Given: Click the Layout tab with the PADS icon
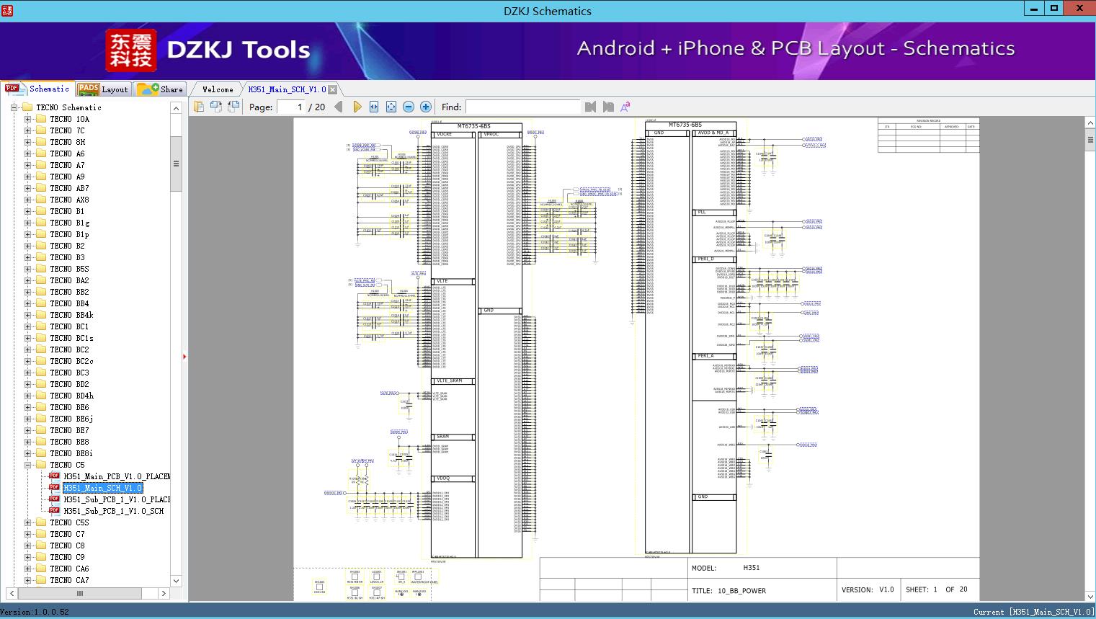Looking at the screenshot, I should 102,89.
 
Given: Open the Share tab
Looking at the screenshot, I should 161,89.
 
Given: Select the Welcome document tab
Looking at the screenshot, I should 218,89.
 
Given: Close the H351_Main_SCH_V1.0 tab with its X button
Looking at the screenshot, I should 333,89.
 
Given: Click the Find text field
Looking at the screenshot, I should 522,107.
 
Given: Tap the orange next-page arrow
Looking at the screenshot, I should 357,107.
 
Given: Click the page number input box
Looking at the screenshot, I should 290,107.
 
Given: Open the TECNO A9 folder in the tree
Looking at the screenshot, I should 67,177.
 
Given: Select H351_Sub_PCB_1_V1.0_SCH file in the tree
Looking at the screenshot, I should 113,511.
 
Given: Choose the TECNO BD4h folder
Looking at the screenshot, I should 71,396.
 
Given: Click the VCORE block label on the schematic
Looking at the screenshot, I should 445,135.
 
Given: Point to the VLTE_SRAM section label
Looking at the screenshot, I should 449,380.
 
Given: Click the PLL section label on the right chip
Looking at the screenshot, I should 702,213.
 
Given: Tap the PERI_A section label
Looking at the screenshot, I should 705,356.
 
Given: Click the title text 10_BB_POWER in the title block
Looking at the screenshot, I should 741,591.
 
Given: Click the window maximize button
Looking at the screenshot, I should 1054,9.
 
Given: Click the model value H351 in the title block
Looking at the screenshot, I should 752,568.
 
